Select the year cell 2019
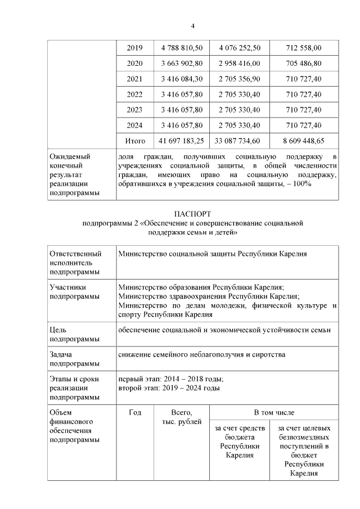(x=135, y=48)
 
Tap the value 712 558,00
(x=304, y=48)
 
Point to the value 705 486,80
(x=304, y=64)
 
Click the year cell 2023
(x=135, y=110)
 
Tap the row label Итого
(x=135, y=141)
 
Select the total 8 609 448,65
(x=304, y=141)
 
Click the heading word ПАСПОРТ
(x=193, y=214)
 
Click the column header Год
(x=135, y=413)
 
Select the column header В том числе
(x=274, y=413)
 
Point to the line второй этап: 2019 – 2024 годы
(x=169, y=388)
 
